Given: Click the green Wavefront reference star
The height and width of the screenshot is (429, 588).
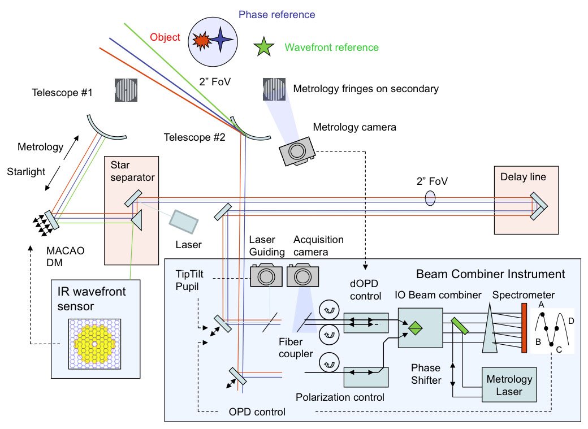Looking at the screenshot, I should click(263, 47).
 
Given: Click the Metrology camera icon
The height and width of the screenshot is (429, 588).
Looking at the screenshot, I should click(297, 150).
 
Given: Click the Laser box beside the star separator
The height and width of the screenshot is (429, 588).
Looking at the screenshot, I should click(184, 220).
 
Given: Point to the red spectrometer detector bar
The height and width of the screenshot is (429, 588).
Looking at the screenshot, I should click(524, 328).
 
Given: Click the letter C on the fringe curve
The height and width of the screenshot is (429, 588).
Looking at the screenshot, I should click(559, 349).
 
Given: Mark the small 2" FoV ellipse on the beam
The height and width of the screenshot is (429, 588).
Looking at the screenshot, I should click(430, 198).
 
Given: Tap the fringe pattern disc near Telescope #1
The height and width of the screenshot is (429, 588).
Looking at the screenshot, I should click(126, 90).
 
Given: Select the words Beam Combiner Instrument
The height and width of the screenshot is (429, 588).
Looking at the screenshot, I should click(490, 274).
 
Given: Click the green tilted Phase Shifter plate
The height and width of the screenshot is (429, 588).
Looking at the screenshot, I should click(457, 326).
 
